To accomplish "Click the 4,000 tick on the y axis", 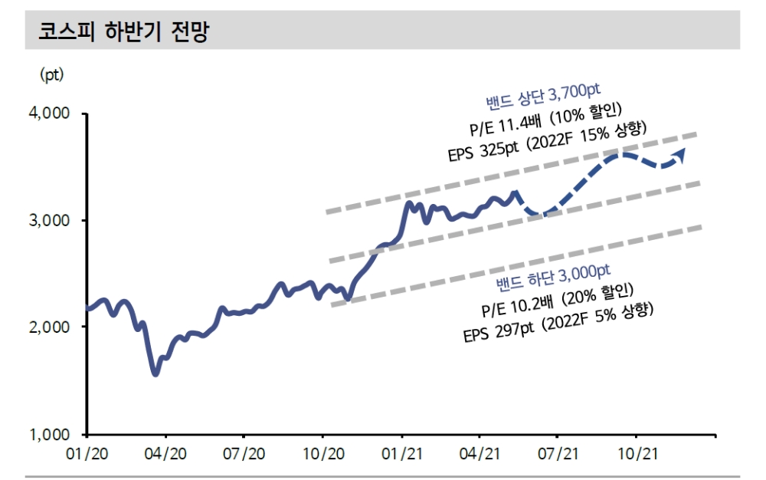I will pos(50,113).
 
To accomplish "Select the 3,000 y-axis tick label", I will pos(50,220).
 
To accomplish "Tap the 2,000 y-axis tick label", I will pos(50,327).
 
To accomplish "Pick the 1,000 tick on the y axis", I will pos(50,434).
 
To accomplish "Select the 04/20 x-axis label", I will pos(165,454).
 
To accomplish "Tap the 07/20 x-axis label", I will pos(244,454).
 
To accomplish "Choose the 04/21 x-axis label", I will pos(481,454).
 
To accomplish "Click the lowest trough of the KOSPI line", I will pos(155,373).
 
